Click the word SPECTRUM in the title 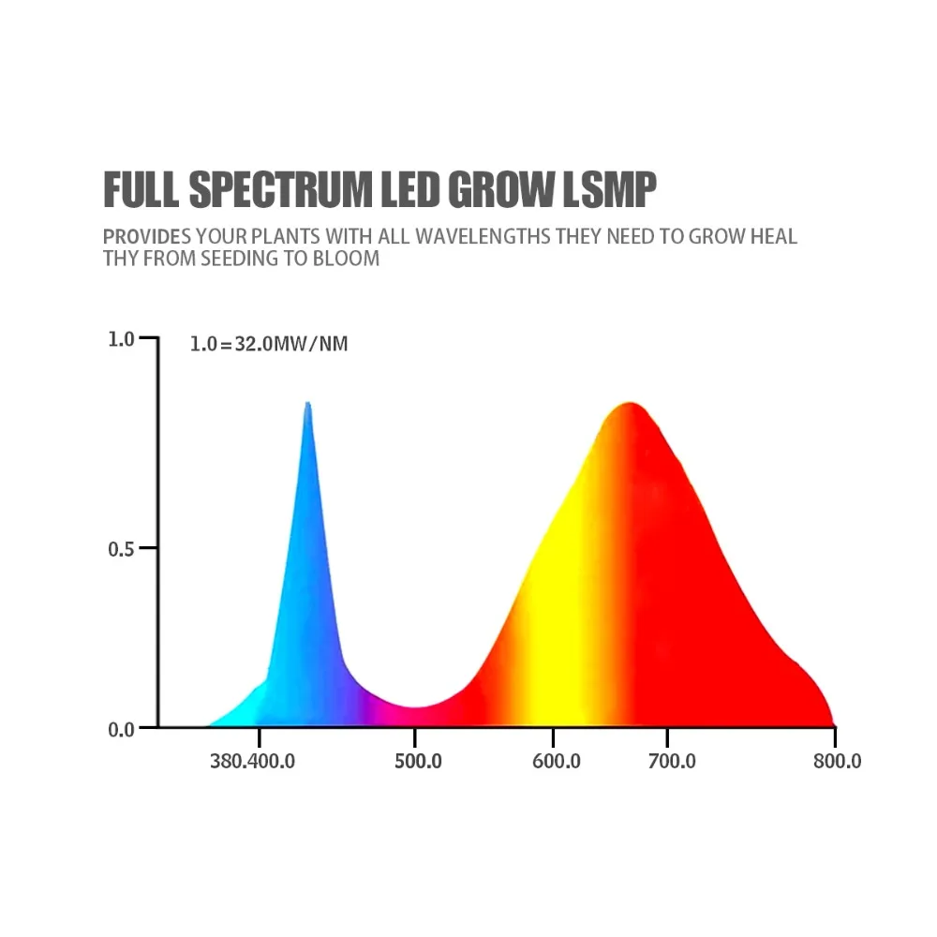point(280,189)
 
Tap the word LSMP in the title point(609,189)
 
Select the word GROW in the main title point(500,189)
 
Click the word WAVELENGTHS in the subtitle point(483,237)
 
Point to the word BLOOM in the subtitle point(346,259)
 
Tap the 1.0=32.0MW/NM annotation point(269,344)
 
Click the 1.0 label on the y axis point(121,339)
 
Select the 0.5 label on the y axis point(121,549)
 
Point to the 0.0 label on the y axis point(121,730)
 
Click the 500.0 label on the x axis point(418,761)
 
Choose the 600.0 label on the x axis point(557,761)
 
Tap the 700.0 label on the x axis point(672,761)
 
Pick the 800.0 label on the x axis point(837,761)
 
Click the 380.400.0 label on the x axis point(252,761)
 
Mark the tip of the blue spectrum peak point(307,402)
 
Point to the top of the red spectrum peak point(631,403)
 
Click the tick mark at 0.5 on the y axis point(148,547)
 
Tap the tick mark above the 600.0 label point(554,737)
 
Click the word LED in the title point(410,189)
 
